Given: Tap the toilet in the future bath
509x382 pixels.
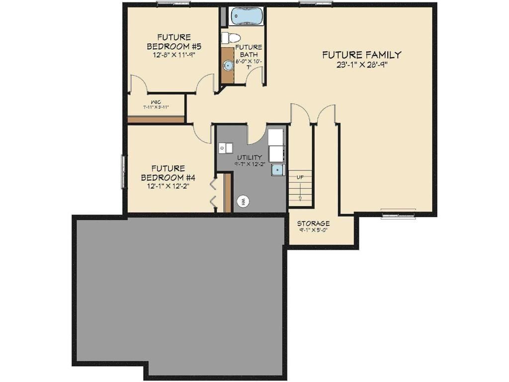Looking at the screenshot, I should (x=231, y=37).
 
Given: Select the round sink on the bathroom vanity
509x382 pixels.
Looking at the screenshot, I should (x=228, y=65).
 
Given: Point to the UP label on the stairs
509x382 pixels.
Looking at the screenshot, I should (x=300, y=177).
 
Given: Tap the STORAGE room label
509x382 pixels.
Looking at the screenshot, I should (x=313, y=223).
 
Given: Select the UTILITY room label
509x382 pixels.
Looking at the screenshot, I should (x=249, y=157).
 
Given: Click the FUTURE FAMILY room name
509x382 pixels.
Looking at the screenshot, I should (x=361, y=55).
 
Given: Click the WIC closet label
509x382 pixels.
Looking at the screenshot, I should (x=156, y=102).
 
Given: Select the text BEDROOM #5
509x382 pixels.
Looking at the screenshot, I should (x=167, y=46).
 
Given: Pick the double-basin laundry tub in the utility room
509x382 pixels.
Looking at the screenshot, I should (x=226, y=148).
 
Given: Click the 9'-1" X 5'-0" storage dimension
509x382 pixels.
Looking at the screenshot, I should (x=313, y=230).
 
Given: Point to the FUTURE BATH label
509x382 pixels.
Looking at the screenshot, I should (x=249, y=51).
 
